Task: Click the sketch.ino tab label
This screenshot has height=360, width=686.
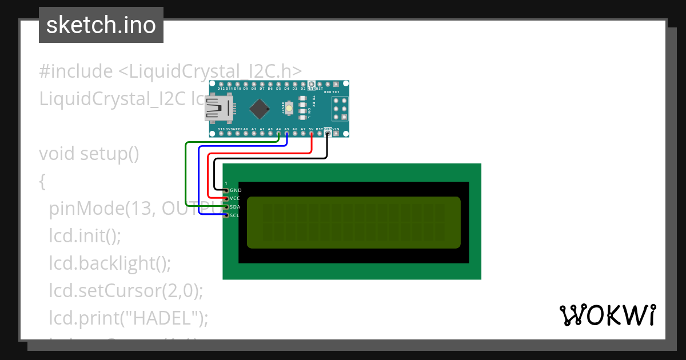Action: click(x=101, y=25)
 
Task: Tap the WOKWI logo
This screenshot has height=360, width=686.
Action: click(x=607, y=315)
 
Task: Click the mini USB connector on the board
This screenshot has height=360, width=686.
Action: click(x=218, y=108)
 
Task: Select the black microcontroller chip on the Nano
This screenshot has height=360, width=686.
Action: click(x=260, y=108)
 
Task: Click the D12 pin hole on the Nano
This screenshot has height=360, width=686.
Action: click(x=221, y=83)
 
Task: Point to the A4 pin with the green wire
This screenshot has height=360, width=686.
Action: click(x=278, y=134)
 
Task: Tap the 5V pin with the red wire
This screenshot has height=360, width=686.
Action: click(x=311, y=134)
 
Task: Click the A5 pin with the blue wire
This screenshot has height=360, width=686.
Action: click(x=286, y=134)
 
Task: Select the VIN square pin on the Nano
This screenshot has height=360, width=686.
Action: click(x=336, y=134)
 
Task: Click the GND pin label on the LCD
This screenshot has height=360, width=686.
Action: click(x=236, y=190)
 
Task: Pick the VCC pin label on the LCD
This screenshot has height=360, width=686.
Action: click(x=235, y=198)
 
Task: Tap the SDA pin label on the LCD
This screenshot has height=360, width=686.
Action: click(x=235, y=207)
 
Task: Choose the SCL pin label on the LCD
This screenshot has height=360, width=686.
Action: click(x=235, y=215)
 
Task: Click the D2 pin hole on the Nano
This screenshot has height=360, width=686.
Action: click(x=303, y=83)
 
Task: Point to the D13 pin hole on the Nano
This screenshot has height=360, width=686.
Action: click(x=221, y=134)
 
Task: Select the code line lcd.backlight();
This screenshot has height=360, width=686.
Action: click(x=110, y=263)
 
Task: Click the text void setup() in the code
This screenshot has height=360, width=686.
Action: click(x=89, y=154)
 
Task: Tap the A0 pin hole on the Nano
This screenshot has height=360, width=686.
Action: click(x=246, y=134)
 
